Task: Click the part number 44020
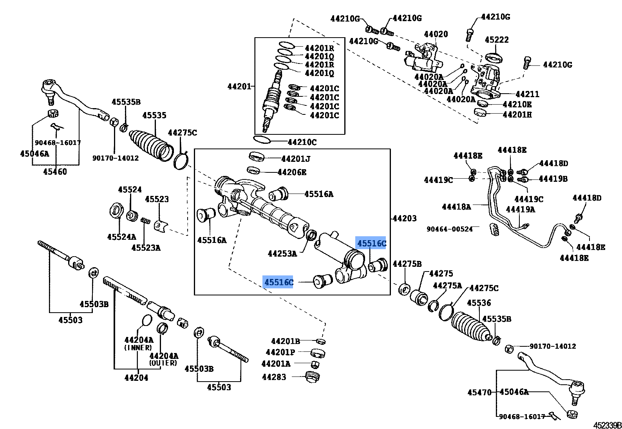pos(436,34)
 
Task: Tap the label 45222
pos(496,40)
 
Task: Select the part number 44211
pos(527,94)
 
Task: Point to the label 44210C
pos(302,142)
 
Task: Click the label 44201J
pos(296,159)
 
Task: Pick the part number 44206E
pos(292,172)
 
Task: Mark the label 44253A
pos(282,254)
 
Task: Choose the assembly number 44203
pos(405,219)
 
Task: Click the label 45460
pos(55,172)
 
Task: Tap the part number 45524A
pos(121,237)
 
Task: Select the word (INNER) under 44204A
pos(138,348)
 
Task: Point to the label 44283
pos(274,377)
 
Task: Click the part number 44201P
pos(280,353)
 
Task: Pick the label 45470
pos(479,392)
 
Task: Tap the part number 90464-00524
pos(449,229)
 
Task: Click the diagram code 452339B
pos(607,425)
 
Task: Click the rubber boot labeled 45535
pos(151,145)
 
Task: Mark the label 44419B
pos(553,179)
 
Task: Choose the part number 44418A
pos(456,207)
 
